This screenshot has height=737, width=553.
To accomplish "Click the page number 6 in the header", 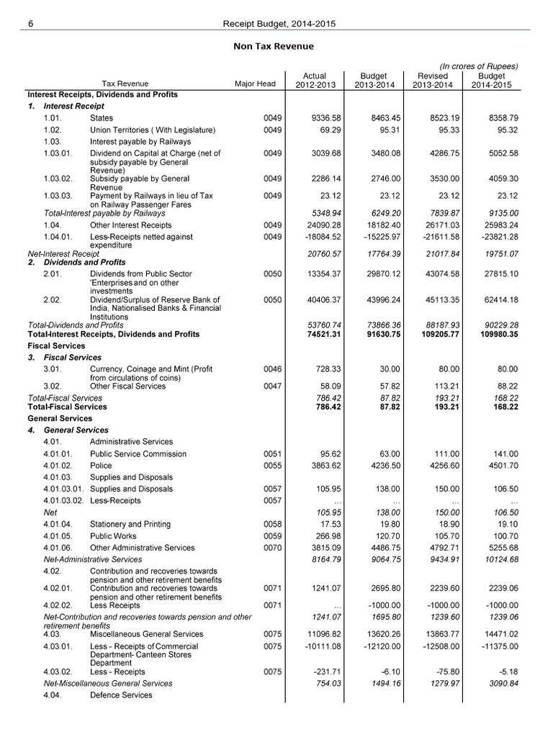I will coord(30,24).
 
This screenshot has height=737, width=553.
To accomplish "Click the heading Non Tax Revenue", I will coord(272,47).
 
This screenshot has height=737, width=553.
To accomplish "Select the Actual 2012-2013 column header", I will coord(315,80).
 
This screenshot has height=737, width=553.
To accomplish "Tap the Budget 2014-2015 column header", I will coord(493,80).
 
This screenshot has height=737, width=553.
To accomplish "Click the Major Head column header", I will coord(255,84).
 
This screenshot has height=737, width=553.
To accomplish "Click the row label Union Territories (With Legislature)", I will coord(152,130).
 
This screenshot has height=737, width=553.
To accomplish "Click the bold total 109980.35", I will coord(495,335).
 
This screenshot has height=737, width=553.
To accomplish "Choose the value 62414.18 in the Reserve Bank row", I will coord(497,299).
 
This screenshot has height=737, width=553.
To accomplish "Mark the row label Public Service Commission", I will coord(138,454).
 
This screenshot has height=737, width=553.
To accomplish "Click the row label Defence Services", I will coord(121,695).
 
